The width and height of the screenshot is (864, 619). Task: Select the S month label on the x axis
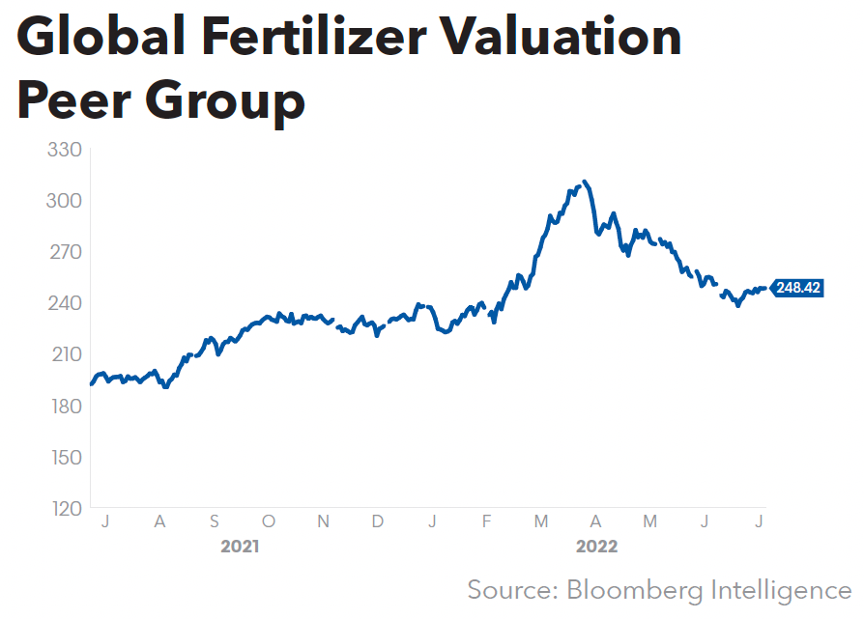point(215,522)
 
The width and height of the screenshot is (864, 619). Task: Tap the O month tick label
point(269,522)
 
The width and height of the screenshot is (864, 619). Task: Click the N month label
point(324,522)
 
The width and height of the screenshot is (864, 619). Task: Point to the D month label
point(378,522)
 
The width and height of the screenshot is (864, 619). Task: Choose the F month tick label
point(487,522)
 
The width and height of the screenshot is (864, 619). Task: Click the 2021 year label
point(240,547)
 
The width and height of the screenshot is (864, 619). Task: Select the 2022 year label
point(596,547)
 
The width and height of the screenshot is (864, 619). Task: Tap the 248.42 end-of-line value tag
point(797,288)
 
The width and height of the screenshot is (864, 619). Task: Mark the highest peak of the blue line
point(585,182)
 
